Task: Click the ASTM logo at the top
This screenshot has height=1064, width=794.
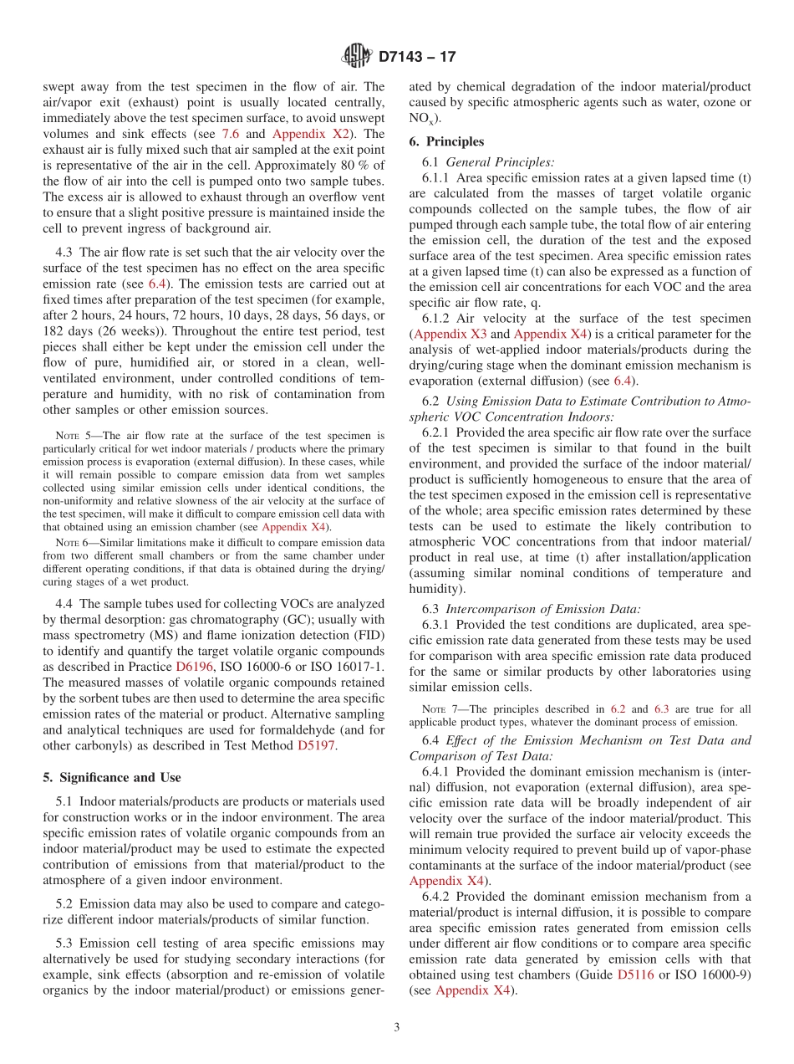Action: (357, 57)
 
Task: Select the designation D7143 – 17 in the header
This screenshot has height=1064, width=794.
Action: (417, 58)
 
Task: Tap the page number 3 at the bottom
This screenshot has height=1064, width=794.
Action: (397, 1027)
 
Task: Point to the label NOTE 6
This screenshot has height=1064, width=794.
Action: (67, 542)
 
